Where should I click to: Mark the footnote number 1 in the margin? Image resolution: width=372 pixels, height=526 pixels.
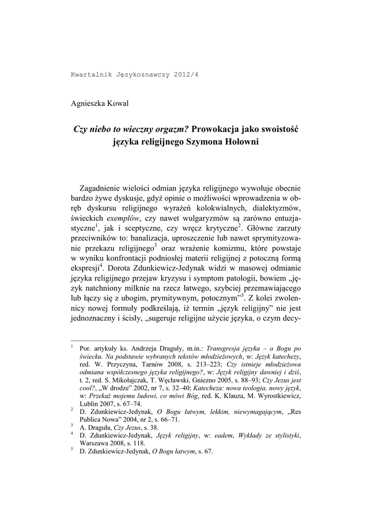point(72,346)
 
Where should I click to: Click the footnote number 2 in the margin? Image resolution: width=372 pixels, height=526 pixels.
point(72,409)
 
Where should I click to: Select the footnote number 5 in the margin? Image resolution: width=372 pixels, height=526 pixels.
point(72,449)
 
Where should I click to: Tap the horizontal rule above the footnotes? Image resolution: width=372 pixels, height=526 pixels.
point(115,340)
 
